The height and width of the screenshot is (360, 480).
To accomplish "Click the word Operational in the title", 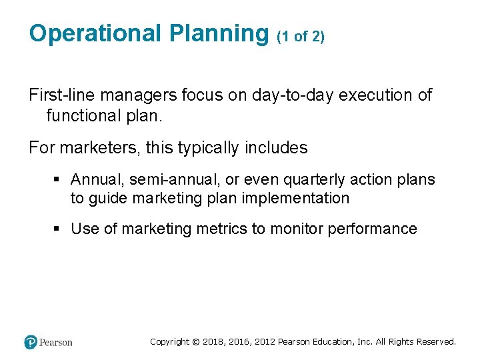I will coord(95,33).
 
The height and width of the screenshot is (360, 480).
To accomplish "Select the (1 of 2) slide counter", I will coord(301,37).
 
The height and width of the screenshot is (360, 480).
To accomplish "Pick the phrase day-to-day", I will coord(293,95).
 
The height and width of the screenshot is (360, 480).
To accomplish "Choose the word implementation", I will coord(297,198).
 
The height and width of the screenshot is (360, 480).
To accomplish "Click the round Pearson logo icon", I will coord(31,342).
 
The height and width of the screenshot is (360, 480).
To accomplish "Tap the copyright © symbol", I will coord(195,341).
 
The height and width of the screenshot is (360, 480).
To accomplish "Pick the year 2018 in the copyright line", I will coord(213,341).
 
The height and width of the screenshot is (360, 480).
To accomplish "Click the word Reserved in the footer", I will coord(435,341).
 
